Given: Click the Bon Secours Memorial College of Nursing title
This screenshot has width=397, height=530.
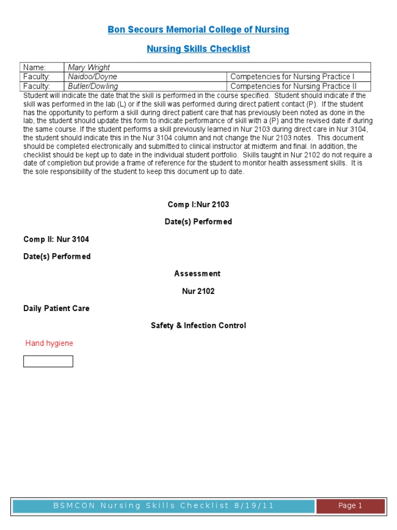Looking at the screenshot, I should click(198, 30).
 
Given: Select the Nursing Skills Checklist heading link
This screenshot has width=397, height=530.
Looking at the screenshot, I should click(198, 49).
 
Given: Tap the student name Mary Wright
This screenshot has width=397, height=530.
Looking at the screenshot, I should click(89, 67).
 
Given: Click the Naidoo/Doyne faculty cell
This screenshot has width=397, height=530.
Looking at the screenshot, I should click(93, 77).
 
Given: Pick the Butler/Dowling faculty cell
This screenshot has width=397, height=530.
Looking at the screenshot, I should click(93, 86).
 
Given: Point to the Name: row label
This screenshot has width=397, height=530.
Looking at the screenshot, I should click(35, 67).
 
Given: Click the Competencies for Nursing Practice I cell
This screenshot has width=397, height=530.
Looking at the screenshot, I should click(293, 77).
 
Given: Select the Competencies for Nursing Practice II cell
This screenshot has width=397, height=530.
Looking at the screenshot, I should click(294, 86).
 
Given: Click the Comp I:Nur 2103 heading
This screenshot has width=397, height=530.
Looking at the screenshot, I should click(198, 204).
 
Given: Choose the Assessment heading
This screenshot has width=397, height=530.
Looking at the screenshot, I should click(198, 274).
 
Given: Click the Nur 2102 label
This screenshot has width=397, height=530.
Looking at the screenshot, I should click(198, 291).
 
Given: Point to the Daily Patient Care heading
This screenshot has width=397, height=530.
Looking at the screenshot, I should click(56, 308).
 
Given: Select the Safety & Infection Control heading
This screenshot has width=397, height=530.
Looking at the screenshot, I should click(198, 326).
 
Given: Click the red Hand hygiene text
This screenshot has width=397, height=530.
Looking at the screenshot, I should click(49, 343).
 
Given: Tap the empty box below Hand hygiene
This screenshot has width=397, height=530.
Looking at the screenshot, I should click(48, 361).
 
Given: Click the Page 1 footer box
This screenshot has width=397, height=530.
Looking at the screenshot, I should click(350, 506).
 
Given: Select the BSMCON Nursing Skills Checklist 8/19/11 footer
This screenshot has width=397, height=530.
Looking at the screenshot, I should click(164, 506).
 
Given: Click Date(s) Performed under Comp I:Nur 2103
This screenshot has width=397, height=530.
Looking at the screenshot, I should click(198, 222).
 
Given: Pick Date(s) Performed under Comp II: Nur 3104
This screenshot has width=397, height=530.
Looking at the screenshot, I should click(57, 257).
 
